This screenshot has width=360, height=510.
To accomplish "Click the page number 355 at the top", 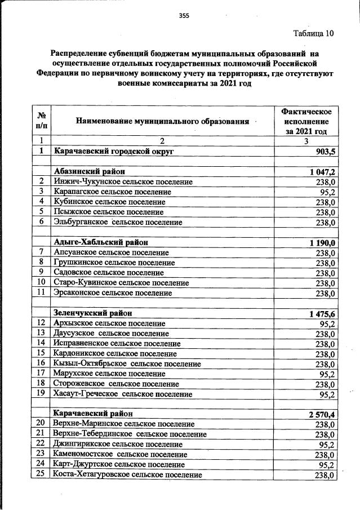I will pos(184,16).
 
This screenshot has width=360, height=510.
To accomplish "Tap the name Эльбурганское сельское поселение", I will pos(118,223).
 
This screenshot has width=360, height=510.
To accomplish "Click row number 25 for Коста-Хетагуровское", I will pos(41,475).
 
